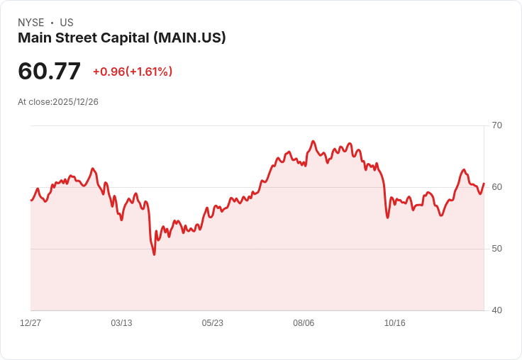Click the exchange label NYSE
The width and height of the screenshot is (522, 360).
click(30, 23)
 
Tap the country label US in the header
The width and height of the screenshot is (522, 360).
click(67, 23)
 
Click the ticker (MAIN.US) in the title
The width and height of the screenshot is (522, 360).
click(189, 38)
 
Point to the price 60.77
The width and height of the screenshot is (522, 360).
click(49, 71)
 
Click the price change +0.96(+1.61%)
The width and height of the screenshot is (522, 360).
click(133, 72)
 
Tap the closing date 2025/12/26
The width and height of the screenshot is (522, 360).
click(75, 102)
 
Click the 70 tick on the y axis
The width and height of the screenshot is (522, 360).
click(496, 125)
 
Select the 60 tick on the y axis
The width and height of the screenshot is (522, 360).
click(496, 187)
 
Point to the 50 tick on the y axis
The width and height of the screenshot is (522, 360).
click(496, 249)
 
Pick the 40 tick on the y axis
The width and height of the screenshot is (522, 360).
click(496, 310)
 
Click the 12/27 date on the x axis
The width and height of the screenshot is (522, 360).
click(30, 323)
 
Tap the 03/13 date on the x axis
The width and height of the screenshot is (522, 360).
click(121, 323)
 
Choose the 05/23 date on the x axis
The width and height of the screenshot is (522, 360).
click(212, 323)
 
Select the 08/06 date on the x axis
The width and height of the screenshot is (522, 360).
click(304, 323)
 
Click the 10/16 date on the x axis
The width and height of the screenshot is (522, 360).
click(394, 323)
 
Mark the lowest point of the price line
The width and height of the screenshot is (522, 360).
click(154, 254)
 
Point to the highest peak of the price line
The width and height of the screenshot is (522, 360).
click(313, 141)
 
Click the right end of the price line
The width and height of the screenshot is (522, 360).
click(484, 184)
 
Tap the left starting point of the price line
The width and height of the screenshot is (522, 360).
click(30, 201)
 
